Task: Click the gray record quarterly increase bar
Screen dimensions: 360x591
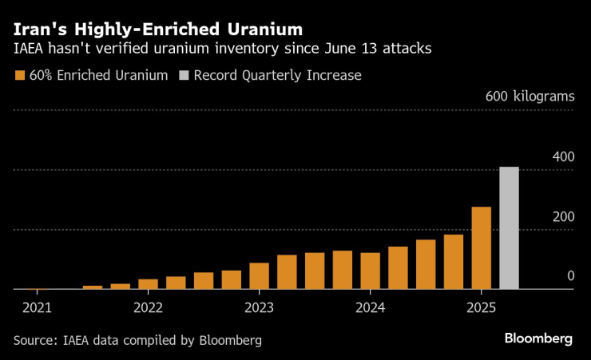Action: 509,228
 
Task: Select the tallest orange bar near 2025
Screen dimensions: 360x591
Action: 481,248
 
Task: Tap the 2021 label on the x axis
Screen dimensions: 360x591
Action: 37,307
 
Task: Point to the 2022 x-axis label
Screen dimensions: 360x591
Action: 148,307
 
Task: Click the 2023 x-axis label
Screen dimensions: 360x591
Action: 259,307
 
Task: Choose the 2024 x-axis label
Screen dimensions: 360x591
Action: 370,307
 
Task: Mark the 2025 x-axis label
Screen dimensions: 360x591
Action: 481,307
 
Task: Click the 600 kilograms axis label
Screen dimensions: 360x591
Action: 530,97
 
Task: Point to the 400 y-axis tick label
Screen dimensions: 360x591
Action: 563,156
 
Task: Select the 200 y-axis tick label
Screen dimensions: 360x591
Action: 563,216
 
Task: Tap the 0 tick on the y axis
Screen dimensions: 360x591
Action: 570,275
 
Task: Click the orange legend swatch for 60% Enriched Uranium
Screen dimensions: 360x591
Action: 19,76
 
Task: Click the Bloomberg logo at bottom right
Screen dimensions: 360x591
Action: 537,338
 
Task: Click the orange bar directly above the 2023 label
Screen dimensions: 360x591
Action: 259,276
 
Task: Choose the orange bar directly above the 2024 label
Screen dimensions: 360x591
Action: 370,271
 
